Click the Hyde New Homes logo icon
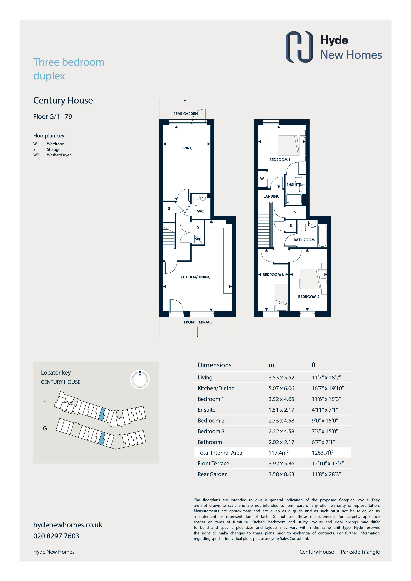coord(299,47)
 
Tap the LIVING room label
coord(186,148)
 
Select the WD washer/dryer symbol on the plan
coord(198,239)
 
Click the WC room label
coord(200,211)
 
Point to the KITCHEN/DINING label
coord(195,277)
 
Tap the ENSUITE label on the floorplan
coord(294,185)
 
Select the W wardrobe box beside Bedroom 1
coord(262,179)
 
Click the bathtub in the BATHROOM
coord(322,236)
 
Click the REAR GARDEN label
coord(185,114)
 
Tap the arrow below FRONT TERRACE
coord(197,332)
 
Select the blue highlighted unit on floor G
coord(102,438)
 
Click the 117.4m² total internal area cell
coord(279,453)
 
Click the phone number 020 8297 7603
coord(56,536)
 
